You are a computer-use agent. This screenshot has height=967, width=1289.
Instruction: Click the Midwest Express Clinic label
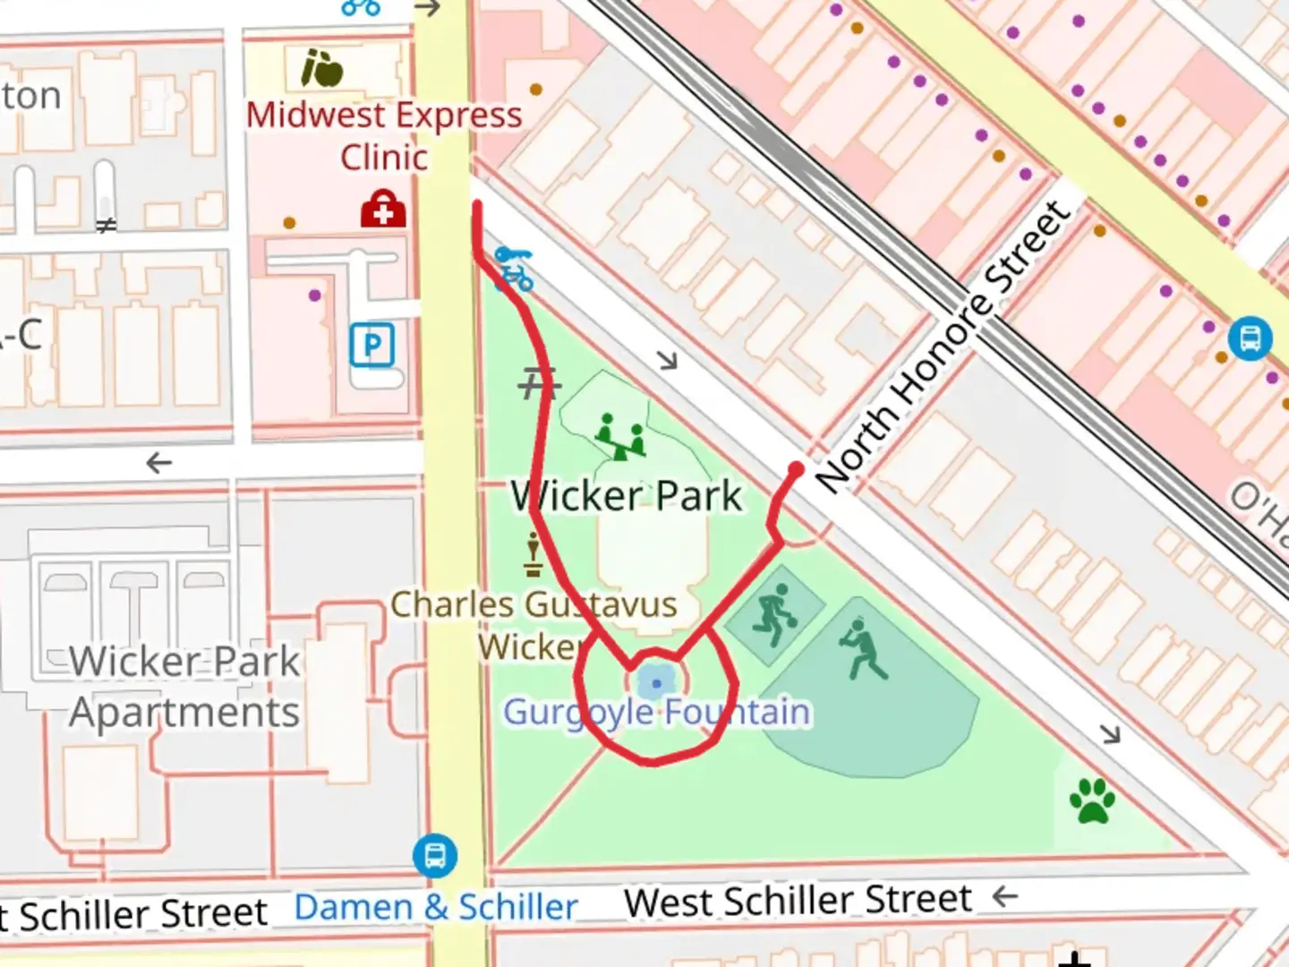click(384, 135)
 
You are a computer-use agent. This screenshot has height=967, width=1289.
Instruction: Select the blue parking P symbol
click(372, 346)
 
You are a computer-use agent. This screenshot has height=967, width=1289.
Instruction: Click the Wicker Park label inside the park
click(627, 496)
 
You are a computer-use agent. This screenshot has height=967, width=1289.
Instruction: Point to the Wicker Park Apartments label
click(184, 687)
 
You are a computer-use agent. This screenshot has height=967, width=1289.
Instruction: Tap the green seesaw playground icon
click(621, 436)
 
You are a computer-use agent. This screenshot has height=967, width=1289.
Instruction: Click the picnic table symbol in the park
click(538, 384)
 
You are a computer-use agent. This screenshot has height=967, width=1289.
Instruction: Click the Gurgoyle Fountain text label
click(657, 713)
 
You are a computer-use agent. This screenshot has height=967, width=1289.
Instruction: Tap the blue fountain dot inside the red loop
click(657, 684)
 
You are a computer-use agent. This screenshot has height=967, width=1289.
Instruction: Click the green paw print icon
click(1092, 800)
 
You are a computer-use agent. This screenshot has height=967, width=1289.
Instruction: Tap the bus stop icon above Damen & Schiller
click(435, 855)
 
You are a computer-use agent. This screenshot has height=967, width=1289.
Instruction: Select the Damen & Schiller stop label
click(436, 907)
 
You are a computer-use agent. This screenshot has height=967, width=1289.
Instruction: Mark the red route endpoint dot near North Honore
click(796, 469)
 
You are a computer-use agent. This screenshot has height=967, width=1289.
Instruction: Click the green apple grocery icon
click(321, 68)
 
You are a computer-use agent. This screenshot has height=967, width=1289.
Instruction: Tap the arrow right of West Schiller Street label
click(1005, 896)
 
